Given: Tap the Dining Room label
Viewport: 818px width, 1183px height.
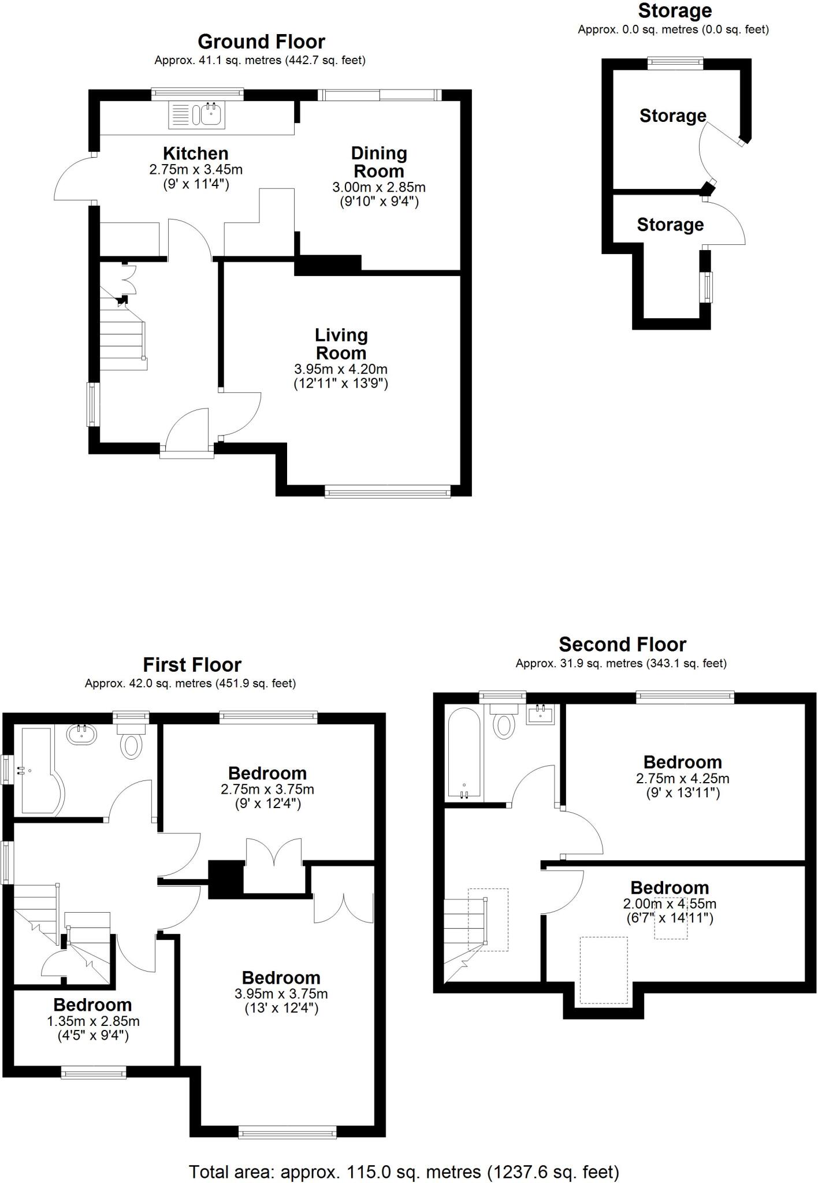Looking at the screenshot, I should [x=379, y=162].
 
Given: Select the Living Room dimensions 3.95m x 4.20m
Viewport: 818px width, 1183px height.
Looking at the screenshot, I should [x=340, y=369].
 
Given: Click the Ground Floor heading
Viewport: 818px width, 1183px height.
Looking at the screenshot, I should [x=261, y=42].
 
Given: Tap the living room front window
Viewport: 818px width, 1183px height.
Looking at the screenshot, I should [x=387, y=492].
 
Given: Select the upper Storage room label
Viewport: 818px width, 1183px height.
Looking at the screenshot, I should [x=672, y=116].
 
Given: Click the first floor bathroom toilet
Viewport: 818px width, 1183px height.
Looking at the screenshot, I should [x=132, y=744].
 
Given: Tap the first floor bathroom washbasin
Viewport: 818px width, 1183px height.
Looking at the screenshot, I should [x=82, y=734].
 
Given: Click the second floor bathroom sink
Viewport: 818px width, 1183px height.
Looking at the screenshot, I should [x=541, y=715].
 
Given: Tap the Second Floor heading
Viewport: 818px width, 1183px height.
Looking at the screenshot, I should [x=622, y=644].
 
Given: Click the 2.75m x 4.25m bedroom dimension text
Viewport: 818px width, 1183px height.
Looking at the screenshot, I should [x=682, y=779].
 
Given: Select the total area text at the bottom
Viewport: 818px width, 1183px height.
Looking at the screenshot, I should [x=404, y=1172].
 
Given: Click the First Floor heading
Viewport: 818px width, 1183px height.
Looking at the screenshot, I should [x=192, y=664].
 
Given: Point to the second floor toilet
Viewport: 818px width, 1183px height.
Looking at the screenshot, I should [x=505, y=723].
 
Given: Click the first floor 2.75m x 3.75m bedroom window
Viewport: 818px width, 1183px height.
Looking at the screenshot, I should [x=269, y=717].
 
